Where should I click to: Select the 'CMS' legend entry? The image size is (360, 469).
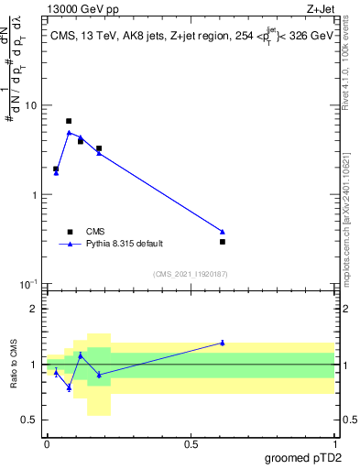click(96, 231)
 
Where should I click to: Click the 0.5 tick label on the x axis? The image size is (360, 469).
click(191, 443)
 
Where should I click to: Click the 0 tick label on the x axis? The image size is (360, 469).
click(47, 443)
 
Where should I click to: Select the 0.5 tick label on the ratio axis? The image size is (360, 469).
click(33, 420)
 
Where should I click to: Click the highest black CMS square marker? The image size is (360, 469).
click(69, 121)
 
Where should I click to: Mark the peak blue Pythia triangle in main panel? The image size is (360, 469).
click(69, 132)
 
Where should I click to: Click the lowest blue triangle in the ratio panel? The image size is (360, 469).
click(69, 387)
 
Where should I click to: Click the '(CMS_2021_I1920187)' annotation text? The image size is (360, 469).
click(190, 273)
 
